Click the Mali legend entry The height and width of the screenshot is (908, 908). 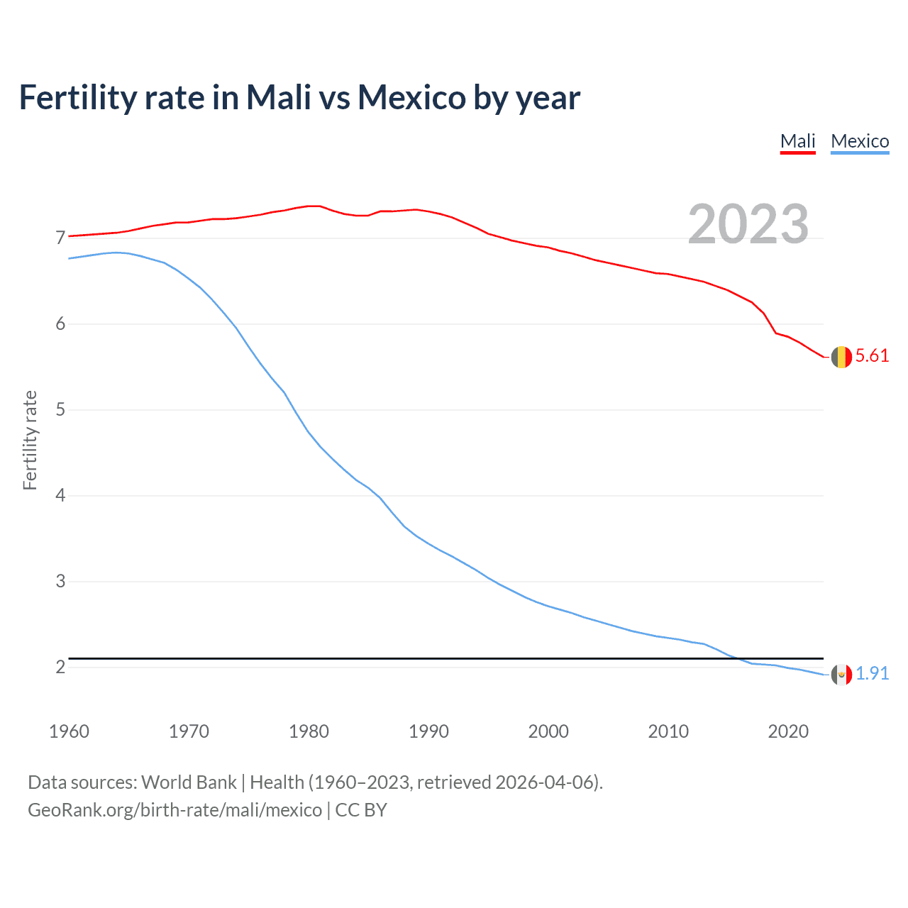(797, 141)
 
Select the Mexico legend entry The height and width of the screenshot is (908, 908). (860, 141)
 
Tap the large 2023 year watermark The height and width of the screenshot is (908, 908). (748, 224)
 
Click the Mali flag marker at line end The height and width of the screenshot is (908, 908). (841, 357)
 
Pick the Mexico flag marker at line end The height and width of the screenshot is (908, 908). (841, 675)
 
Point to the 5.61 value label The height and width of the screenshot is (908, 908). (872, 356)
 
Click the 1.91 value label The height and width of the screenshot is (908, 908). (872, 673)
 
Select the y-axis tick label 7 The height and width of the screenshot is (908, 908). (60, 238)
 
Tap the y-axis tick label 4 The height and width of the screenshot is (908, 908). (60, 495)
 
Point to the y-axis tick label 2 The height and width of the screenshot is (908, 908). (60, 667)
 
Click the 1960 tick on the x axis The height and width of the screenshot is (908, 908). (69, 731)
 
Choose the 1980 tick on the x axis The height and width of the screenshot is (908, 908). (309, 731)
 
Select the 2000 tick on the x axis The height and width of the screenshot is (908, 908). (548, 731)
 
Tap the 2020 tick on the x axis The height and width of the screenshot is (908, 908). (788, 731)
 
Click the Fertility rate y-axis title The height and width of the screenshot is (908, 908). (30, 440)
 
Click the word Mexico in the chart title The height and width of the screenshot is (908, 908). (411, 97)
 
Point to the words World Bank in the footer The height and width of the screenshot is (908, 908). (189, 782)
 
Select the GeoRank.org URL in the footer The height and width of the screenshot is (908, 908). (175, 810)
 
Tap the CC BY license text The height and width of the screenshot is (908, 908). (361, 810)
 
